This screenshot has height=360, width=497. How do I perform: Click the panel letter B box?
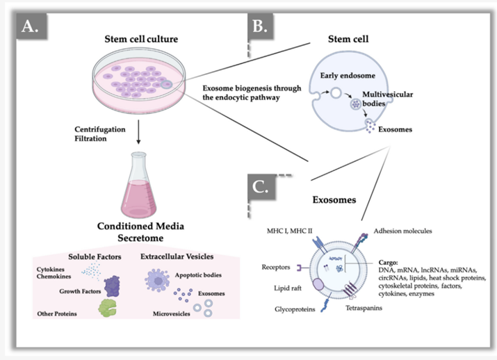point(261,26)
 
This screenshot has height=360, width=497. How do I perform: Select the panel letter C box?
point(261,187)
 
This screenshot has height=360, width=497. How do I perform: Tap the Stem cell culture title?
point(141,39)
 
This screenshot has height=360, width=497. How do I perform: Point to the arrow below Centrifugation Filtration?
point(138,132)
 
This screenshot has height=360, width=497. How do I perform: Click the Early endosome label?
point(348,76)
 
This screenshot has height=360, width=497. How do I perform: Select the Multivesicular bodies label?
point(387,99)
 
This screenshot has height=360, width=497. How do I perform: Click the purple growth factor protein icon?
point(112,286)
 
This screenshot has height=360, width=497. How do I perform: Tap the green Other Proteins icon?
point(107,308)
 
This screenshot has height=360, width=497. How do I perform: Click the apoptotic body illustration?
point(157,280)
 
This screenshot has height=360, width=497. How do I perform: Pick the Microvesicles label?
point(172,313)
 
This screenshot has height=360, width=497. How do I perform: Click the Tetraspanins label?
point(364,308)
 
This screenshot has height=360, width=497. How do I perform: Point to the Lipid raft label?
point(288,288)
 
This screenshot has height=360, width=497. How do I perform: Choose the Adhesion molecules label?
point(402,231)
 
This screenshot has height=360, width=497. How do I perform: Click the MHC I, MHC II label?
point(289,231)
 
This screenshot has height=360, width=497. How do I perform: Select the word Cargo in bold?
point(388,263)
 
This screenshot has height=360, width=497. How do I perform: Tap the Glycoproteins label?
point(295,309)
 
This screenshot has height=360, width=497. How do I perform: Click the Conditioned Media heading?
point(140,226)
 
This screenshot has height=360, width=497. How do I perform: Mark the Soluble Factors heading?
point(95,256)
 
